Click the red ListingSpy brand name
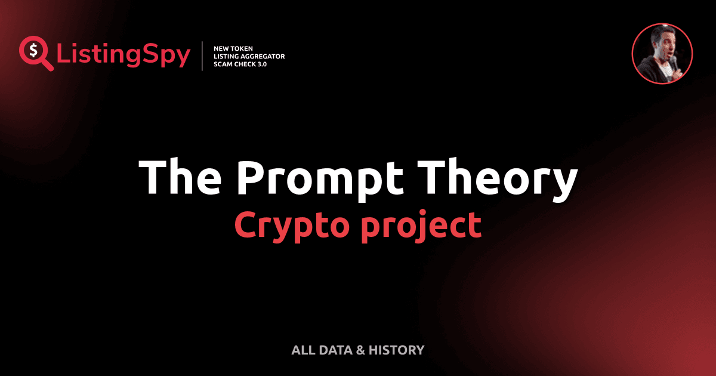(x=124, y=56)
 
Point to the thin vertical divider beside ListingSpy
(x=203, y=56)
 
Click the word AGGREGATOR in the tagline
(x=263, y=56)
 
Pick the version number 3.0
(x=260, y=64)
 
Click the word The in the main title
(x=178, y=178)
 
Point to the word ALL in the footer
(x=303, y=350)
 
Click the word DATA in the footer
(x=335, y=350)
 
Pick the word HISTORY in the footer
(x=397, y=350)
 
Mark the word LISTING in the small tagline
(x=229, y=56)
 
